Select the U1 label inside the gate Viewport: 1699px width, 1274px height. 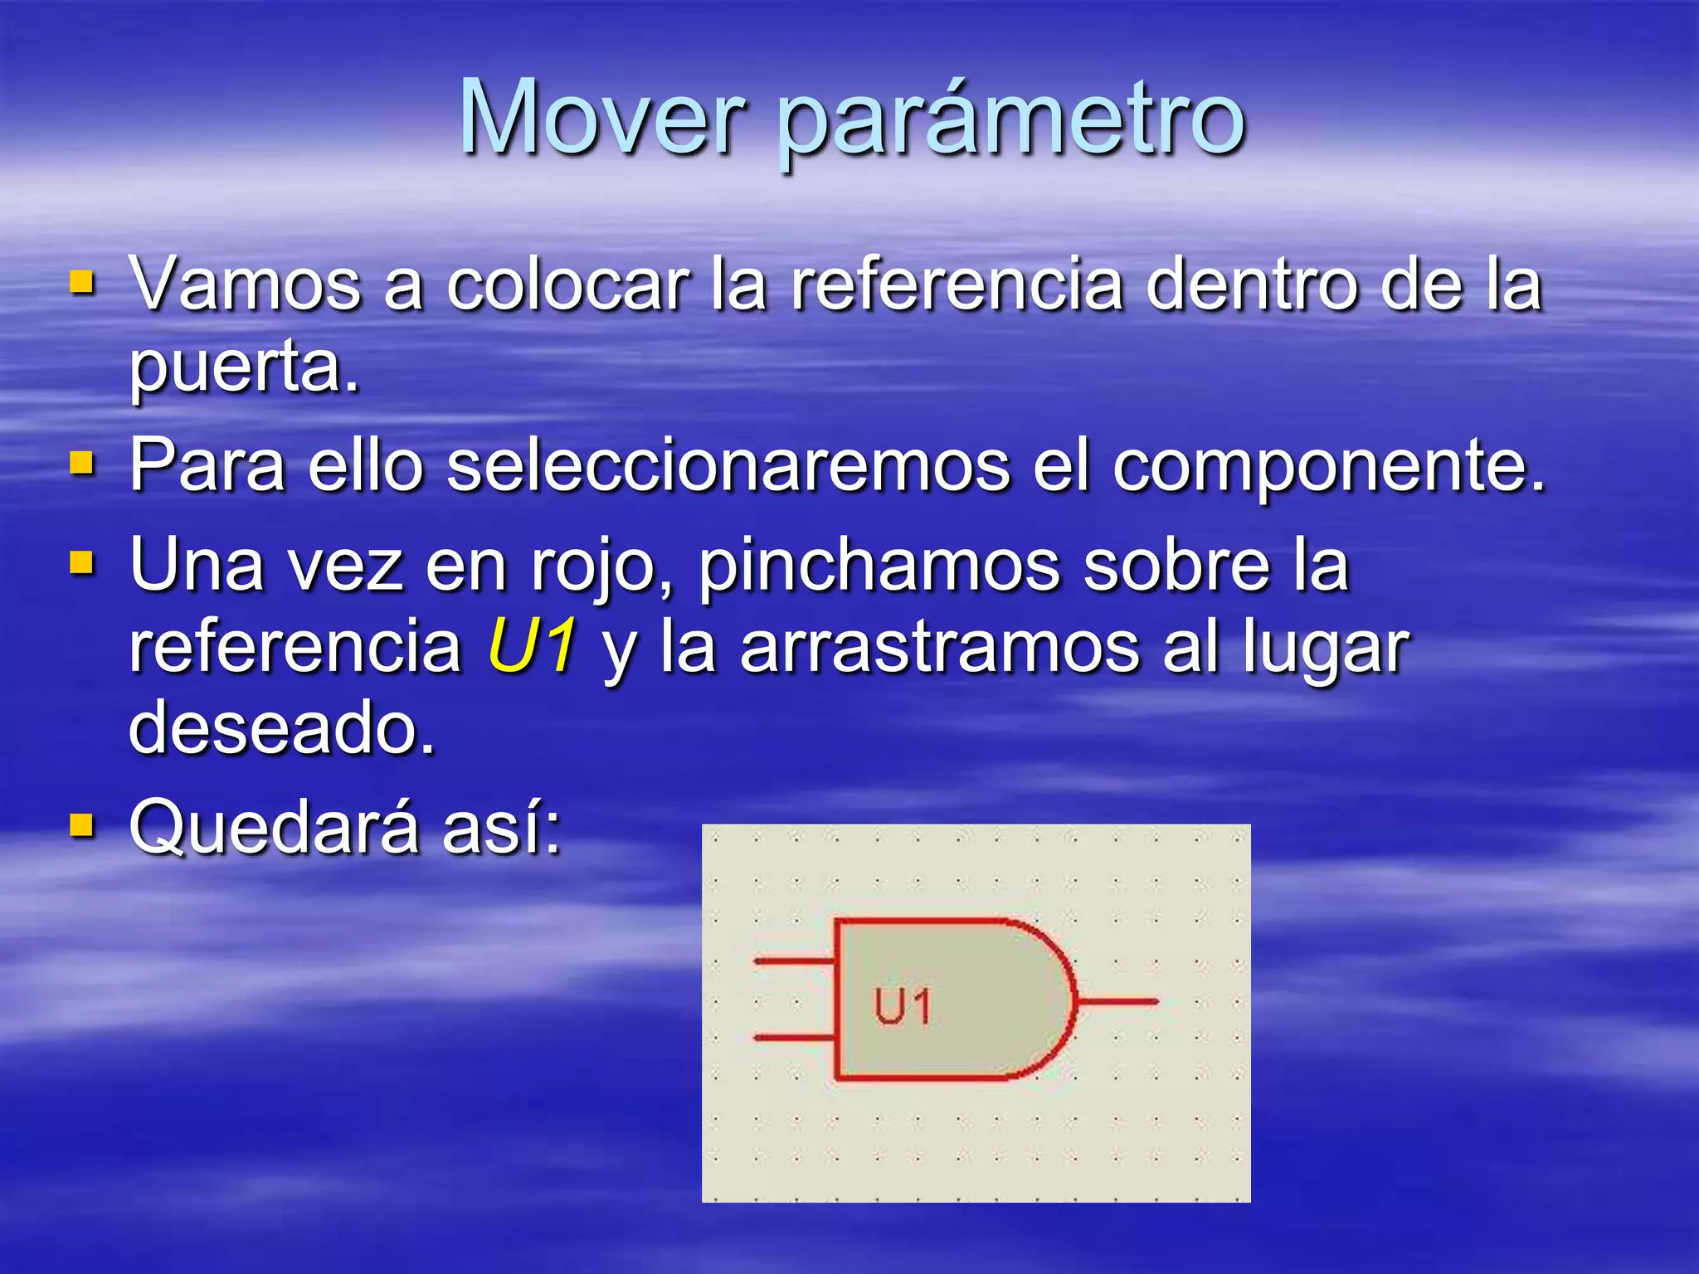[x=903, y=1007]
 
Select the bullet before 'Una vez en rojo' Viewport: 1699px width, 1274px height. [x=82, y=564]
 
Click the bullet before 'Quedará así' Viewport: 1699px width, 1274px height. [x=82, y=825]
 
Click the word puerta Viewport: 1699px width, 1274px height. [x=244, y=370]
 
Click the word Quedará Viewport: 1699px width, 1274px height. [x=274, y=827]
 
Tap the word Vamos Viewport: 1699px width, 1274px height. [x=246, y=285]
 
